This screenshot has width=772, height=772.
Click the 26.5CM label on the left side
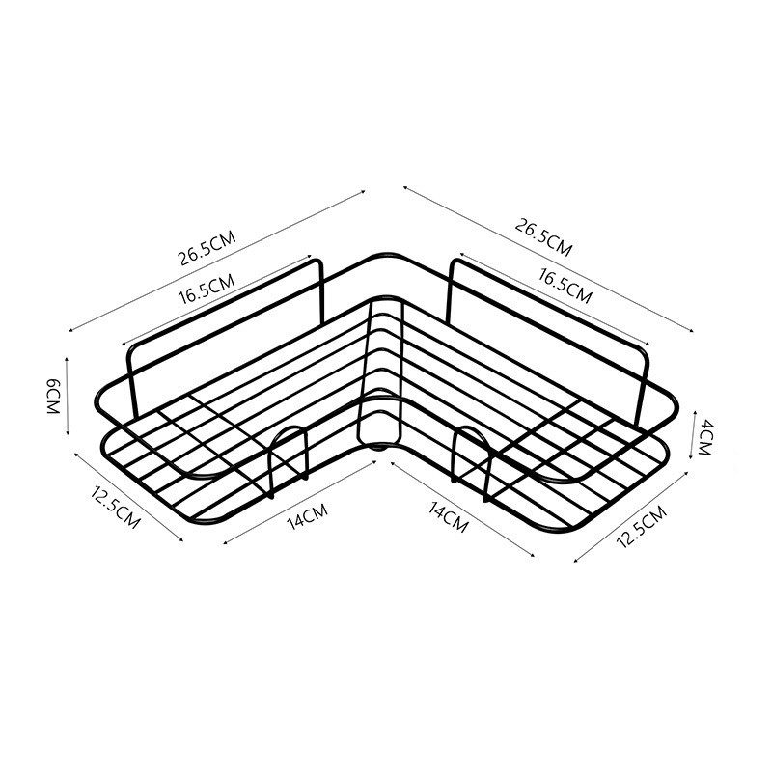[x=207, y=248]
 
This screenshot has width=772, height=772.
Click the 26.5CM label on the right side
[x=543, y=237]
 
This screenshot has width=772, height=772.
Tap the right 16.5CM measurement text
[x=565, y=286]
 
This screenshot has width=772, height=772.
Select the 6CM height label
[x=53, y=397]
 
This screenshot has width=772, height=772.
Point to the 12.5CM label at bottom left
[x=115, y=507]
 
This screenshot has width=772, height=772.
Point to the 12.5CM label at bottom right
[x=642, y=527]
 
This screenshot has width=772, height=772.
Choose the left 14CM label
[x=307, y=516]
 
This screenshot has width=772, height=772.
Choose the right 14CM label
[x=448, y=517]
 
